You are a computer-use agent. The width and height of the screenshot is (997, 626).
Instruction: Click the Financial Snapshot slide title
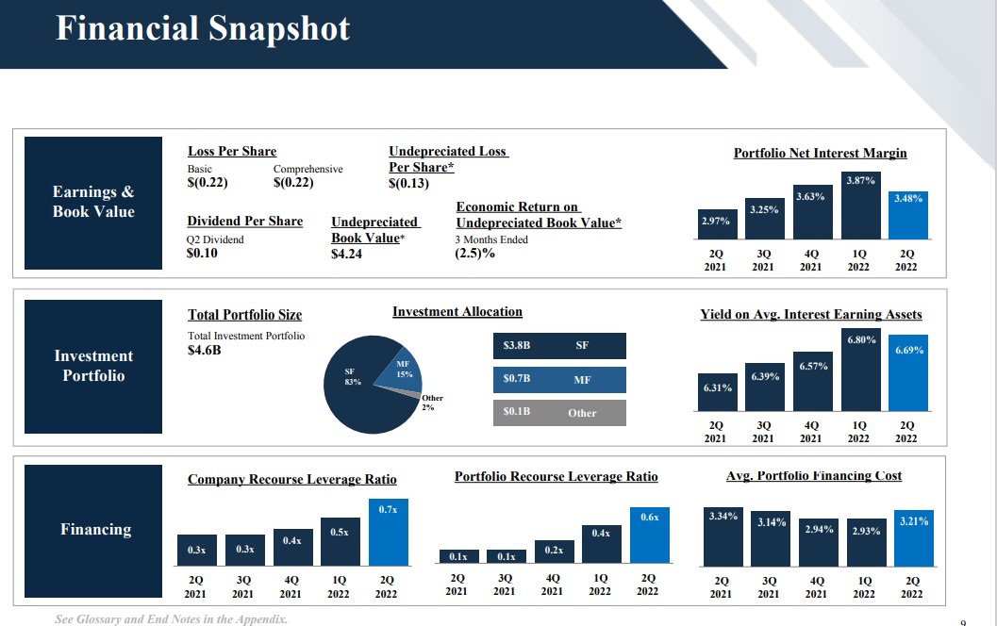203,28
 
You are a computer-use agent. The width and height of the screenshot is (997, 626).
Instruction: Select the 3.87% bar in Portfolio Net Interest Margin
860,206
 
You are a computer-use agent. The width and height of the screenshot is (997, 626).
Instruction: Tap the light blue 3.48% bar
908,215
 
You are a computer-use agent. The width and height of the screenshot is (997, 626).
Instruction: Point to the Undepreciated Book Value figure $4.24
346,254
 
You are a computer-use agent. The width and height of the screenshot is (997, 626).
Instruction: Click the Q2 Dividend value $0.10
202,253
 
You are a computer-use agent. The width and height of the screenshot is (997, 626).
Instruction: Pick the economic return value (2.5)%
474,253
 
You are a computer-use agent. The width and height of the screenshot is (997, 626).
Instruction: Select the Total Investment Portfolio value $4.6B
204,350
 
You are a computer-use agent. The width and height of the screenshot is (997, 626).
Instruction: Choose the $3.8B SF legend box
559,346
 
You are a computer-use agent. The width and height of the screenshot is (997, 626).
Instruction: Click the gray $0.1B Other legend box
559,412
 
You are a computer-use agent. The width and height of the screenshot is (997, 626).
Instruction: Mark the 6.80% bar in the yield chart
861,370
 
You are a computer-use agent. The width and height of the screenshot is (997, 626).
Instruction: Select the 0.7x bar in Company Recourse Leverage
389,532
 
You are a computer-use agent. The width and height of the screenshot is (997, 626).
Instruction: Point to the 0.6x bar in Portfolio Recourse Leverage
650,535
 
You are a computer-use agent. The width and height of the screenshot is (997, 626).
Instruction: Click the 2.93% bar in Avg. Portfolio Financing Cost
867,542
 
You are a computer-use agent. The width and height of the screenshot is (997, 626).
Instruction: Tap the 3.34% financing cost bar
723,537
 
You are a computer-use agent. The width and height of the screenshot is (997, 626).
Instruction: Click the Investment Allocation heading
457,311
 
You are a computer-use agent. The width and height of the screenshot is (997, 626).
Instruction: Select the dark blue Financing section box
93,531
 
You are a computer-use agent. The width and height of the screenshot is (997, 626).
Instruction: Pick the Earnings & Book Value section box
93,203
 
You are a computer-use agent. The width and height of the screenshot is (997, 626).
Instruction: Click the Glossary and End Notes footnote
171,619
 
